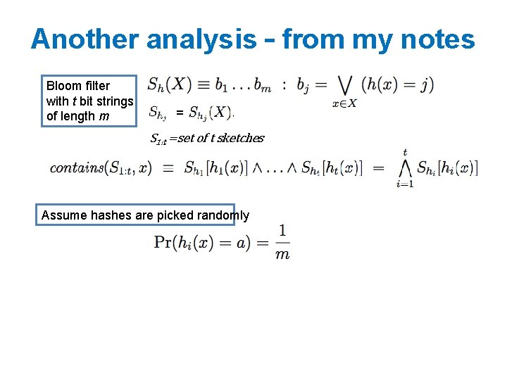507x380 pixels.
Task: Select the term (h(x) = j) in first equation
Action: click(x=397, y=84)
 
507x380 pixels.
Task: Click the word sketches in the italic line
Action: click(x=240, y=138)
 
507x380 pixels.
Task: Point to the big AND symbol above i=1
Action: click(x=405, y=168)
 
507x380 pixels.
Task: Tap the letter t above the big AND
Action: click(x=406, y=151)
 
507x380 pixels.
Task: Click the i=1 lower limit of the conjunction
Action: click(x=405, y=184)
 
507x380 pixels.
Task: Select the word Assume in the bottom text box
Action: click(x=61, y=215)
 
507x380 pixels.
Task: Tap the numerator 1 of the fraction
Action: click(x=282, y=230)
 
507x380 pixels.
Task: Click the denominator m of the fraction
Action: click(x=282, y=254)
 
